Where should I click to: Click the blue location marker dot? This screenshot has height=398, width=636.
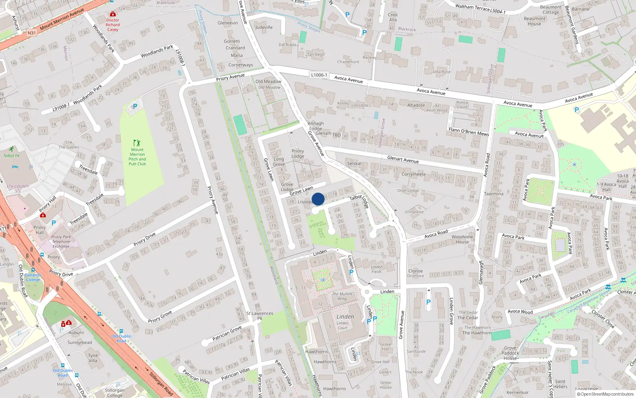tap(318, 199)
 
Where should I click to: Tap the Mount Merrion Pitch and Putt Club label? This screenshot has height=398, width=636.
tap(137, 157)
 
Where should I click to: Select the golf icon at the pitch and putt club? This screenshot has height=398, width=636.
tap(137, 143)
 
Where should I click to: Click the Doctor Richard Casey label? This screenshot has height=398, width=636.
tap(112, 25)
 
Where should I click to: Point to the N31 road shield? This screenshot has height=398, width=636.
tap(32, 33)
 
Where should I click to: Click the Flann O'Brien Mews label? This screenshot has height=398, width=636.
tap(469, 132)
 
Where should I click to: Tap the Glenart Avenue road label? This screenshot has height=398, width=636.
tap(403, 159)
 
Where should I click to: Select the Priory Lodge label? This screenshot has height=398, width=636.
tap(298, 154)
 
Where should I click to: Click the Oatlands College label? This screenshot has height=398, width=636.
tap(33, 277)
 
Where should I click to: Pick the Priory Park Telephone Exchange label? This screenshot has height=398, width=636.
tap(61, 242)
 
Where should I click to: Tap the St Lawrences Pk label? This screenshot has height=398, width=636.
tap(260, 316)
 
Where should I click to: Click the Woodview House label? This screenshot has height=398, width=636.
tap(462, 239)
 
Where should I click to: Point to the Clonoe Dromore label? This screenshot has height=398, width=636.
tap(416, 273)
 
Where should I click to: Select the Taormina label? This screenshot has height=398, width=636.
tap(494, 194)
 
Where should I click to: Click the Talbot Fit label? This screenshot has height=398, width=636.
tap(12, 156)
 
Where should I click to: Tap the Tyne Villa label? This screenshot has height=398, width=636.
tap(93, 358)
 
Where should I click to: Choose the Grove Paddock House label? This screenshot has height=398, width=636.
tap(510, 353)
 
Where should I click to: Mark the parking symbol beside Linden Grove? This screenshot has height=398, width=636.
tap(429, 302)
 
